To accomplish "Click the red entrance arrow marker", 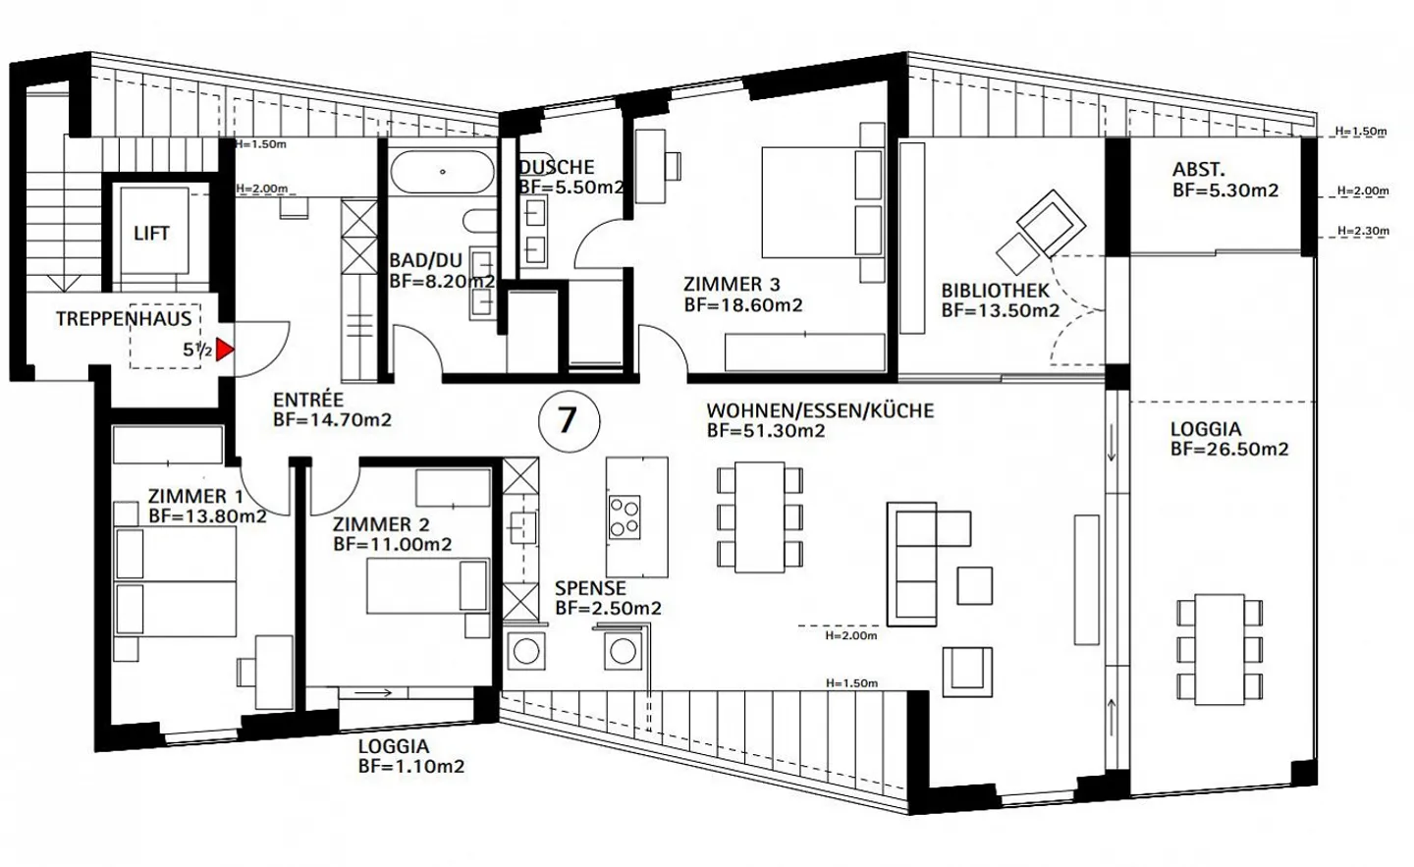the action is [x=224, y=350].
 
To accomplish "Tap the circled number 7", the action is [x=569, y=421].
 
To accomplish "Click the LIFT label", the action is [x=151, y=234].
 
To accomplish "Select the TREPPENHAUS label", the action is [x=124, y=319].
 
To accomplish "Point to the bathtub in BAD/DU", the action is [x=442, y=172].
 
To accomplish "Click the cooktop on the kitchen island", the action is [x=625, y=517].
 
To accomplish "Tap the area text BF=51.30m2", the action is [x=766, y=431].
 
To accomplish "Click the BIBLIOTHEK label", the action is [x=995, y=291].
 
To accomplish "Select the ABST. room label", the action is [x=1199, y=170].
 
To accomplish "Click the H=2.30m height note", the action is [x=1363, y=231].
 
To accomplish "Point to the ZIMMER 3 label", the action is [x=732, y=285].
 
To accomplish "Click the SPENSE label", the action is [x=590, y=588].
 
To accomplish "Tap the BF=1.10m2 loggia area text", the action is [x=410, y=767].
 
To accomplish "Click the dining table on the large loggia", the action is [x=1220, y=649].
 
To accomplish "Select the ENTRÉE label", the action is [x=308, y=400].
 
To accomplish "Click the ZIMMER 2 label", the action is [x=381, y=524].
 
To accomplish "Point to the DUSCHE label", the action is [x=557, y=167].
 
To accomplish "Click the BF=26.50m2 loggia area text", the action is [x=1229, y=450].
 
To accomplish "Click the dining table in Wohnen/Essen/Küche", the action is [x=760, y=517].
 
